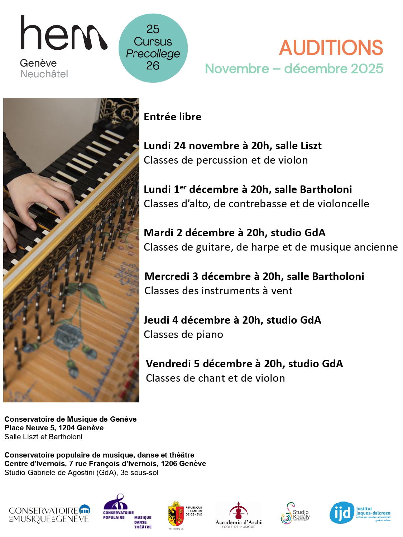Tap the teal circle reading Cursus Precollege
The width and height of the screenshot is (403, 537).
[153, 48]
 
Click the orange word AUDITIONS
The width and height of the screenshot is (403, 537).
[331, 48]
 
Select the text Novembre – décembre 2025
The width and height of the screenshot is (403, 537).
[294, 69]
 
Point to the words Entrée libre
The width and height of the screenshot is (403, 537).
[172, 117]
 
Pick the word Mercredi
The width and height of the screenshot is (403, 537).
[167, 276]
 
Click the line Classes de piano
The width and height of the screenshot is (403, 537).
[183, 334]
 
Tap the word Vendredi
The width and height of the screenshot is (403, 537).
[168, 364]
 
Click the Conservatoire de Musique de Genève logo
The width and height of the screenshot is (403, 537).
[49, 514]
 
